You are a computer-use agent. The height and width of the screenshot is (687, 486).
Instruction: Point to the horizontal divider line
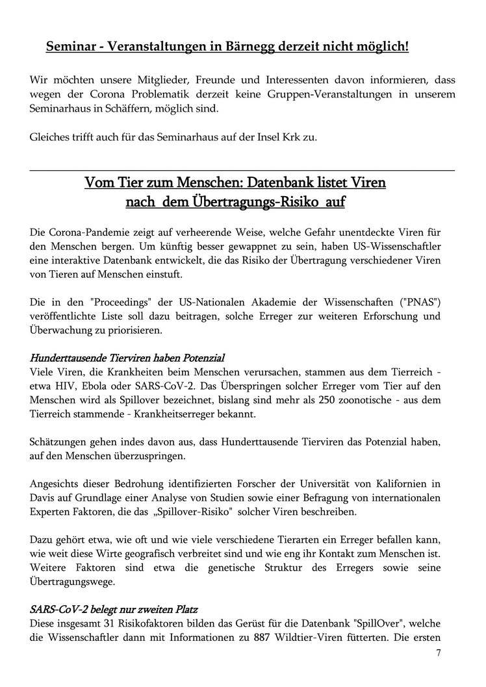click(x=242, y=170)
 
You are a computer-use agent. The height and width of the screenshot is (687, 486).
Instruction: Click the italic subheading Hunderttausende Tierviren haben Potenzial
click(x=127, y=358)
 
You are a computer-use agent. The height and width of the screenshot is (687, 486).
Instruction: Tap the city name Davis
click(x=43, y=498)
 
